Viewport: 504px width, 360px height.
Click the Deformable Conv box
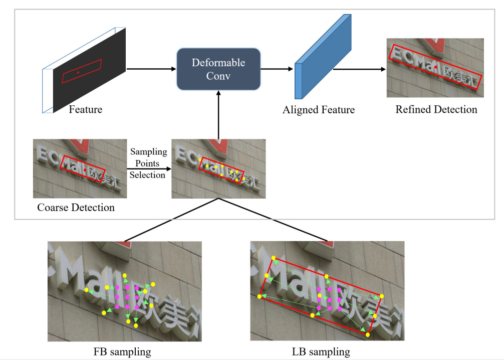click(x=218, y=69)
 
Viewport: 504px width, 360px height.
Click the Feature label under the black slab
click(x=86, y=109)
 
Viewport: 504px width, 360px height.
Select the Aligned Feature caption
click(x=319, y=110)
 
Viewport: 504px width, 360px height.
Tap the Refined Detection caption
click(x=436, y=109)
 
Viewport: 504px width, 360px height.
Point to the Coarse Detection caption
click(x=76, y=207)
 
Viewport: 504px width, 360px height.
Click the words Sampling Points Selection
click(x=147, y=163)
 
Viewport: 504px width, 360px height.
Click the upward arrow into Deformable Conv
click(x=218, y=115)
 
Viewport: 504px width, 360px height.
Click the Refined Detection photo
click(x=435, y=67)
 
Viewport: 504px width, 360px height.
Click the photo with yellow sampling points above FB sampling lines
click(x=218, y=168)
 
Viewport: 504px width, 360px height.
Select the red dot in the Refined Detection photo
click(x=436, y=67)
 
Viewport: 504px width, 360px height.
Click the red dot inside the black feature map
click(x=78, y=73)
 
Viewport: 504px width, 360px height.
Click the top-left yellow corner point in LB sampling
click(x=274, y=259)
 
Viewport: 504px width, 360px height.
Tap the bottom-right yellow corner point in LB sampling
click(x=369, y=334)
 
